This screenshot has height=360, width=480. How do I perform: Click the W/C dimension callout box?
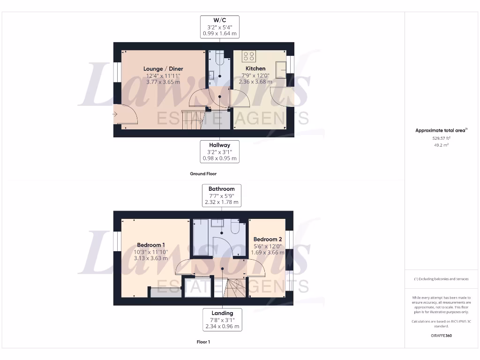[220, 27]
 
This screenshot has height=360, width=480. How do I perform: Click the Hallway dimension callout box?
[219, 152]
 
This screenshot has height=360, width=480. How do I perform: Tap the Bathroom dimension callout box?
[222, 196]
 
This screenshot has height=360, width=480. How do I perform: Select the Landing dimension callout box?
[222, 320]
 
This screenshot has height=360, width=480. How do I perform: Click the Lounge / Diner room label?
[163, 69]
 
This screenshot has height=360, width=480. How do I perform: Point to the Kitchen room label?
[255, 68]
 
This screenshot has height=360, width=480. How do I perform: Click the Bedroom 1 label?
[151, 245]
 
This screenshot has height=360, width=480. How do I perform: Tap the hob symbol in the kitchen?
[249, 57]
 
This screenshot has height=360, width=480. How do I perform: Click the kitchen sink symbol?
[282, 70]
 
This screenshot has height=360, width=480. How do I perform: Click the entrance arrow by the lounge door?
[115, 114]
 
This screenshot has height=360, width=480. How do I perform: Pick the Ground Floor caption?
[203, 174]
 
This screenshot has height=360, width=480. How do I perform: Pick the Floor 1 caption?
[203, 342]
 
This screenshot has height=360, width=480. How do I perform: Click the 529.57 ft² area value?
[441, 139]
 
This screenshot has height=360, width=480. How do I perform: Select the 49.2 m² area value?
[441, 145]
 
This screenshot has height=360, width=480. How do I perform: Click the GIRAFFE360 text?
[441, 336]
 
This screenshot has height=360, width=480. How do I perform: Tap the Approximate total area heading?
[441, 130]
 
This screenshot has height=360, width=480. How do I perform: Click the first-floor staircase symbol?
[234, 287]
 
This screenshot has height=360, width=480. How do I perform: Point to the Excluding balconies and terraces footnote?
[441, 279]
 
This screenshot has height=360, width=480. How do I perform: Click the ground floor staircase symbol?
[192, 124]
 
